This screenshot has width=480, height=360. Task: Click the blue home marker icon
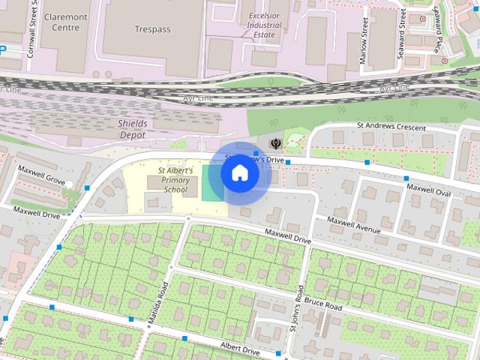[x=240, y=173]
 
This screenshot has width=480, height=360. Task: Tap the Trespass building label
[x=152, y=29]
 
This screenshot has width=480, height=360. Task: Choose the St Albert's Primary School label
[x=175, y=180]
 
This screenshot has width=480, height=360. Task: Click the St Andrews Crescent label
[x=391, y=127]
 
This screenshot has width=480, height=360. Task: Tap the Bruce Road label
[x=324, y=304]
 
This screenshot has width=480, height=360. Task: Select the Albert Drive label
[x=239, y=349]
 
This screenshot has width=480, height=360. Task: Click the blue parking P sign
[x=3, y=50]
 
